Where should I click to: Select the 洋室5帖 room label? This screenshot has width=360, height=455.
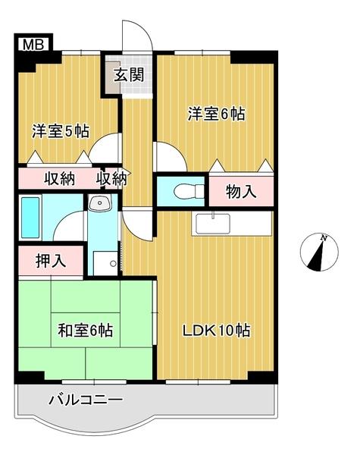coord(61,130)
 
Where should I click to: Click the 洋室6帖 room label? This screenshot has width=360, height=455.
coord(217,114)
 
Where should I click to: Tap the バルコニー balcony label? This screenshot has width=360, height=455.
coord(86,398)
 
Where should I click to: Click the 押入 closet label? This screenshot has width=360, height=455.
coord(51,261)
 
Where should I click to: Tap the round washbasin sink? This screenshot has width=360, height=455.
coord(100,202)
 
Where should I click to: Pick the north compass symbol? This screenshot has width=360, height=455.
coord(318,253)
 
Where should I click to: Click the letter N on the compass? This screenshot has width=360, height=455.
coord(324,239)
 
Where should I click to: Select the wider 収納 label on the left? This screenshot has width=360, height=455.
coord(58,180)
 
